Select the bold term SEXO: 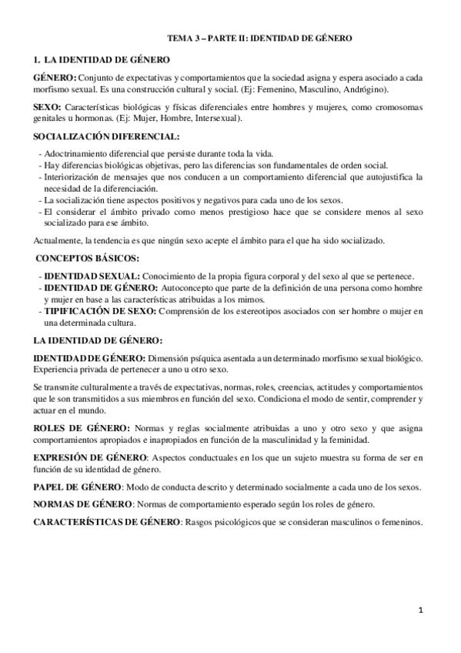(x=48, y=105)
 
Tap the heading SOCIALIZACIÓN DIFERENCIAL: (x=100, y=136)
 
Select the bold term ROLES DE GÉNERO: (x=82, y=427)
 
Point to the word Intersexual (x=216, y=119)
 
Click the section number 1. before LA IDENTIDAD (x=36, y=59)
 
